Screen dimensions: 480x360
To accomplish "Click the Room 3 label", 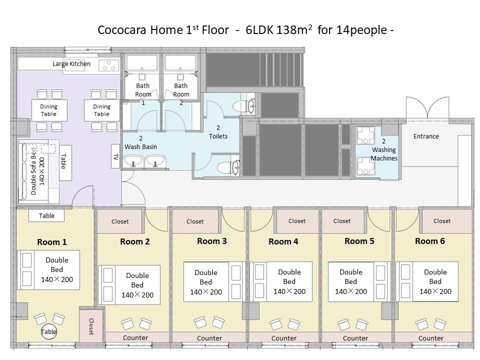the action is click(x=212, y=241).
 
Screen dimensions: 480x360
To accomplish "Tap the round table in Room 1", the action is click(x=48, y=331).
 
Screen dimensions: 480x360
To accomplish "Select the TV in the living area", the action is click(x=115, y=156).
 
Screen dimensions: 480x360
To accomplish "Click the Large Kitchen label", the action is click(x=71, y=63).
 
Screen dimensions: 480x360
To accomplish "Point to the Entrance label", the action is click(x=426, y=136).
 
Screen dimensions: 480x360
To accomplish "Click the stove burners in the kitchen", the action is click(x=108, y=65).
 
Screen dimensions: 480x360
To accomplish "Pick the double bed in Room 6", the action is click(x=427, y=281).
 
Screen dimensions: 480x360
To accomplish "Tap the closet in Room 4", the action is click(x=297, y=221).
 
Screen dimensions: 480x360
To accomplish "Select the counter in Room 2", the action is click(x=135, y=337).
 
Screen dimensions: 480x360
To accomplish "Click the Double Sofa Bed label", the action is click(x=33, y=171).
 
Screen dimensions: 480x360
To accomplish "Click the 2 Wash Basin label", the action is click(x=140, y=142).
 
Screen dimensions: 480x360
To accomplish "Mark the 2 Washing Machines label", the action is click(x=384, y=149).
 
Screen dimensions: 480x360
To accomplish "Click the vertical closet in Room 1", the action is click(x=91, y=326).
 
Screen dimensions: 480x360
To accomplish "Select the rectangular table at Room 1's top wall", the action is click(x=46, y=215).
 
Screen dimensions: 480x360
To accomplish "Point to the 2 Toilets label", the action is click(x=218, y=132).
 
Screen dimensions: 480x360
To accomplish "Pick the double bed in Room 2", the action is click(x=129, y=285).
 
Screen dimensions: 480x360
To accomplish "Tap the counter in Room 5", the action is click(x=355, y=338).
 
